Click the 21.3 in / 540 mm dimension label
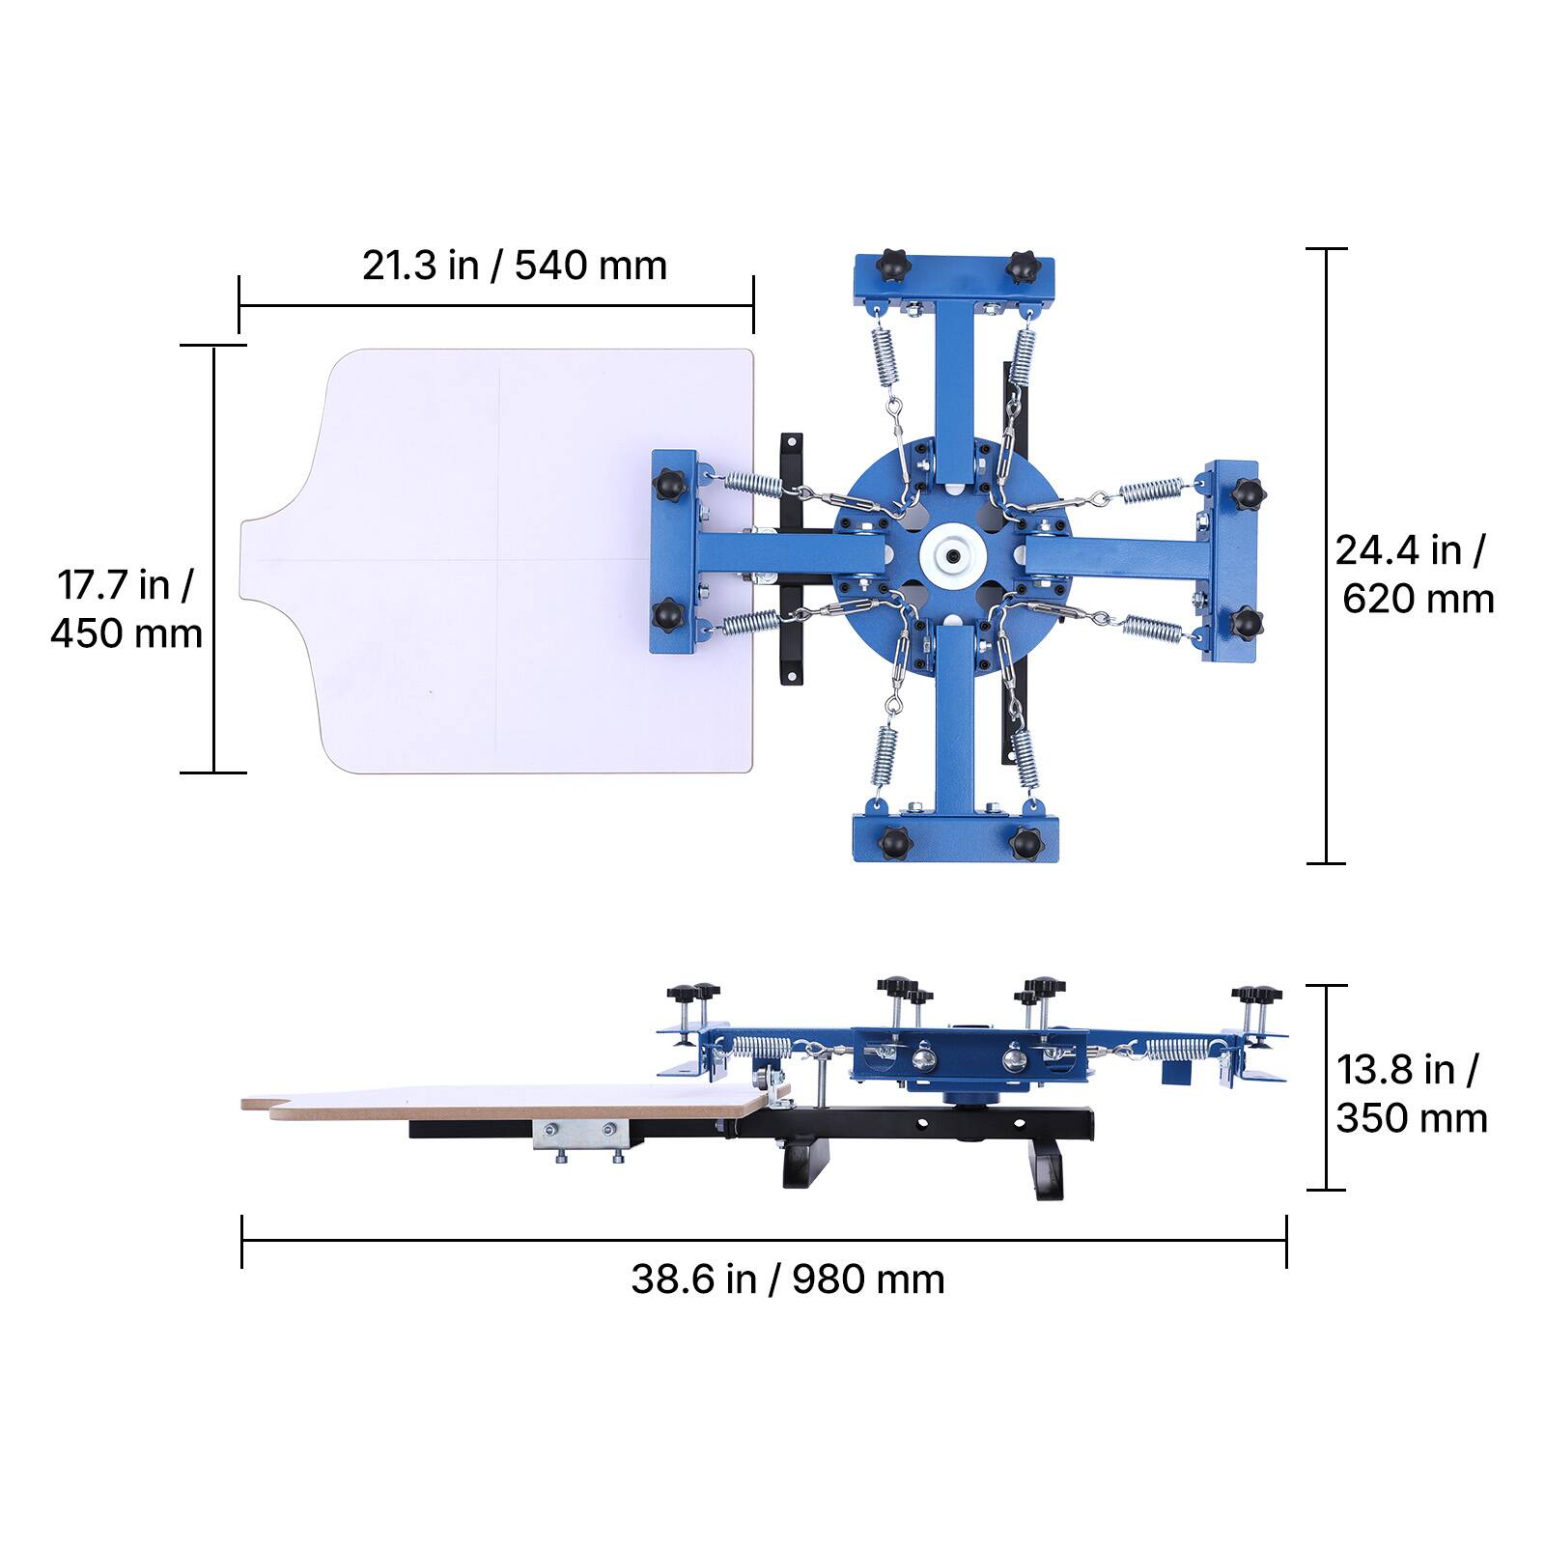pyautogui.click(x=515, y=265)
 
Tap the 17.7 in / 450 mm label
pyautogui.click(x=126, y=608)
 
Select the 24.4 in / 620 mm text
pyautogui.click(x=1415, y=575)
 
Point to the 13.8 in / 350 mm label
pyautogui.click(x=1411, y=1094)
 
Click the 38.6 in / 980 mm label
pyautogui.click(x=788, y=1278)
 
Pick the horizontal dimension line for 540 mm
pyautogui.click(x=496, y=305)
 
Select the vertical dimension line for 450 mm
pyautogui.click(x=212, y=559)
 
